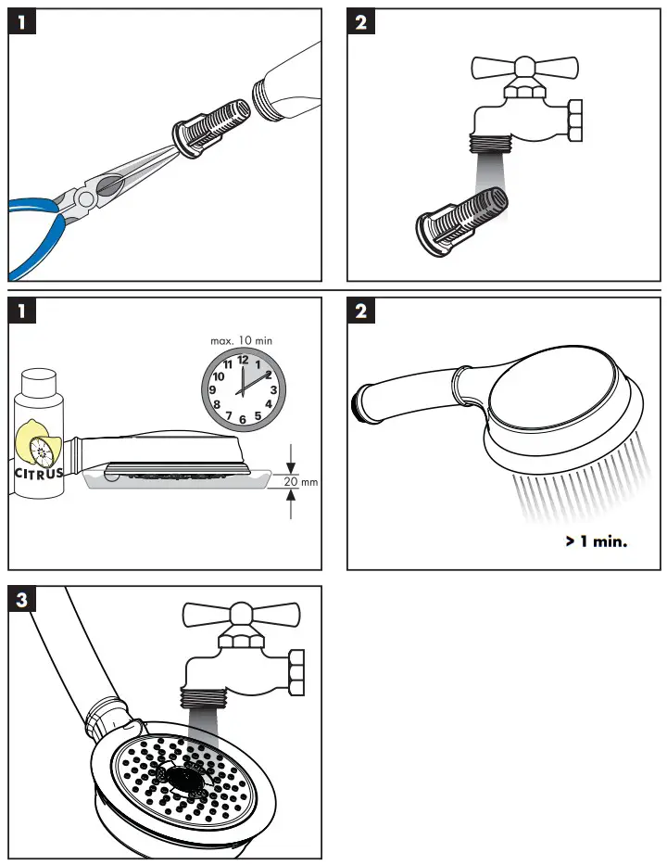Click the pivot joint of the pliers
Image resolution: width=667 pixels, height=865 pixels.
point(86,197)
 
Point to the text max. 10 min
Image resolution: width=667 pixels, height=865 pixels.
point(242,341)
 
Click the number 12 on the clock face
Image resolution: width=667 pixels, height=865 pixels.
point(243,360)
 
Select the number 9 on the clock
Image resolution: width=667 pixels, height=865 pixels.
point(213,390)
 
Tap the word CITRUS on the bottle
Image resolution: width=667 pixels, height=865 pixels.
point(39,473)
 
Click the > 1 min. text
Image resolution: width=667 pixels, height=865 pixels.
point(596,541)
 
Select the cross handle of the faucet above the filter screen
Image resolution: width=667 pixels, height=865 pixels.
point(523,68)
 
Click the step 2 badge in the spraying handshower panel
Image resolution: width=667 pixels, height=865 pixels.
point(361,311)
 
